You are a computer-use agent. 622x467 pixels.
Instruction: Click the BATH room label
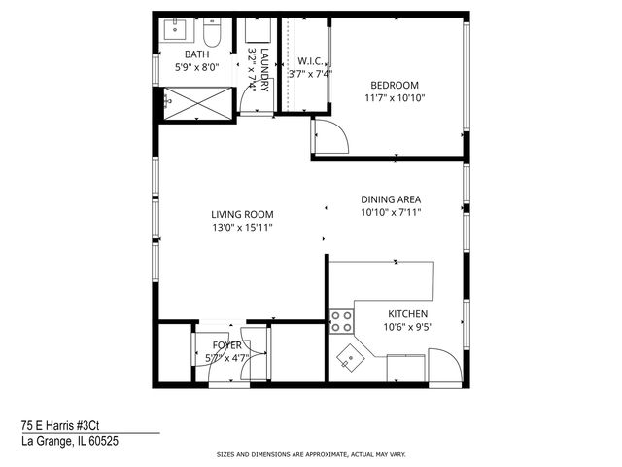pyautogui.click(x=196, y=55)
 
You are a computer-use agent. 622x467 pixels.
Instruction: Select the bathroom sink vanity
pyautogui.click(x=179, y=28)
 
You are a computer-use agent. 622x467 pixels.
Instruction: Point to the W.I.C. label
pyautogui.click(x=310, y=60)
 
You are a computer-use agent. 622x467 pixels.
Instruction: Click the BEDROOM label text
pyautogui.click(x=395, y=85)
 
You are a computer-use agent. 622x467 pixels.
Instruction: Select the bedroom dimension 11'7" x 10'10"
pyautogui.click(x=395, y=98)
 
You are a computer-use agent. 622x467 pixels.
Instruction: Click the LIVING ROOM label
pyautogui.click(x=242, y=215)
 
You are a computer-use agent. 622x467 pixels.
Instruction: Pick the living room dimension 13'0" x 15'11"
pyautogui.click(x=242, y=228)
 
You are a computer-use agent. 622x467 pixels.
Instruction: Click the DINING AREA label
pyautogui.click(x=390, y=198)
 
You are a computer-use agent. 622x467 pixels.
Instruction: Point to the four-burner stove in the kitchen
pyautogui.click(x=341, y=321)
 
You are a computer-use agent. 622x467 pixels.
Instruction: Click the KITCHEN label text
pyautogui.click(x=409, y=314)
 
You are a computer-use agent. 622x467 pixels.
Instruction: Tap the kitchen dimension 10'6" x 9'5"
pyautogui.click(x=409, y=328)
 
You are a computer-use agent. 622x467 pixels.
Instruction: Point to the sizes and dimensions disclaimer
pyautogui.click(x=310, y=454)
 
